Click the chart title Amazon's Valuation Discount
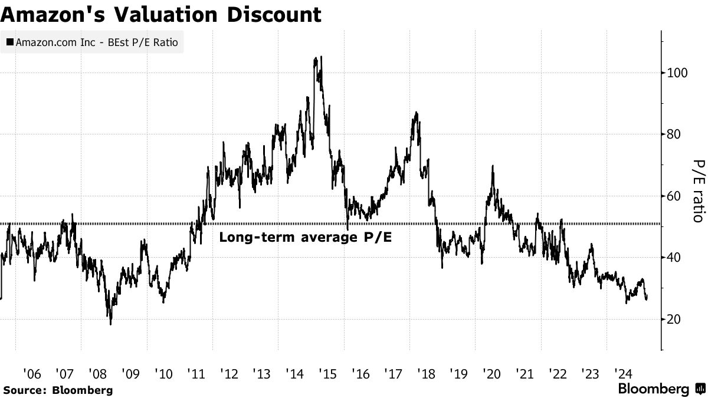(161, 14)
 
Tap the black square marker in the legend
(10, 42)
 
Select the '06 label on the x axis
(32, 373)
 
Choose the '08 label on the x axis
(97, 373)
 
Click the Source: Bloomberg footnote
(57, 390)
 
